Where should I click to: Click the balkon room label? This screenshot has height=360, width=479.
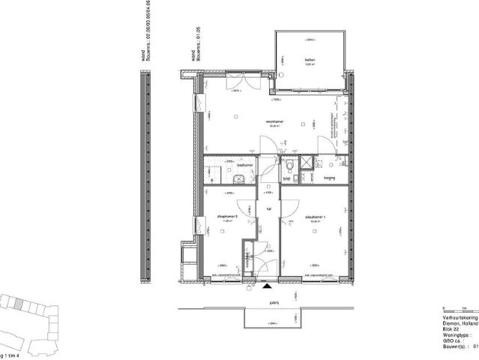[309, 60]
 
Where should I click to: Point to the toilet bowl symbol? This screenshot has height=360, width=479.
[289, 166]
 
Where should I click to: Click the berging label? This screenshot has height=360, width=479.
[328, 178]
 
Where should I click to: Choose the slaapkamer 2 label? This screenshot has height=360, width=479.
[227, 216]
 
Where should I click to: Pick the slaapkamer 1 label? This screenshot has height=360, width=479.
[313, 216]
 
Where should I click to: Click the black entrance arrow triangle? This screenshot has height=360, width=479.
[267, 285]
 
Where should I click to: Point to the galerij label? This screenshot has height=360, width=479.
[263, 302]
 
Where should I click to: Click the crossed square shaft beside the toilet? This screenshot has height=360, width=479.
[306, 164]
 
